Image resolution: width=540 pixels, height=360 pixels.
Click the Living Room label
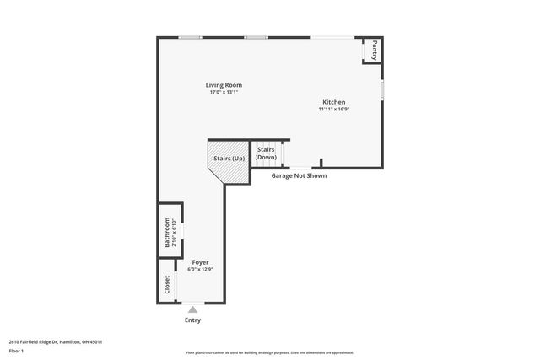coord(224,85)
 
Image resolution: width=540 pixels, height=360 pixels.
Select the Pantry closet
coord(370,51)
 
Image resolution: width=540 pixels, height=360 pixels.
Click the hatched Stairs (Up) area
coord(228,160)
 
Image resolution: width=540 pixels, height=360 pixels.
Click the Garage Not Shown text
coord(298,175)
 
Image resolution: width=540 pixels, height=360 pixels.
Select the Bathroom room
coord(169,229)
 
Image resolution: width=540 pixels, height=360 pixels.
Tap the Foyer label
coord(200,262)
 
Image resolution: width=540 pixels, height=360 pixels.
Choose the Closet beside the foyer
coord(166,283)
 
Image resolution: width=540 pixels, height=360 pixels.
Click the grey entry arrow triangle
coord(192,310)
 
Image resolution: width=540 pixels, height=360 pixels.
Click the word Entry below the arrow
coord(192,320)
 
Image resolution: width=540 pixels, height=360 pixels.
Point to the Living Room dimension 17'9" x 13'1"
coord(224,92)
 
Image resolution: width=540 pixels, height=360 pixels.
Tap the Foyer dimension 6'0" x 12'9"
coord(200,269)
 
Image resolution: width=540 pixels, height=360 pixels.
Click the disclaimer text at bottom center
coord(269,352)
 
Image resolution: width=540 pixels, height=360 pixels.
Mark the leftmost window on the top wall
coord(190,37)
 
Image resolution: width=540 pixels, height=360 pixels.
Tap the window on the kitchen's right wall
coord(382,89)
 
